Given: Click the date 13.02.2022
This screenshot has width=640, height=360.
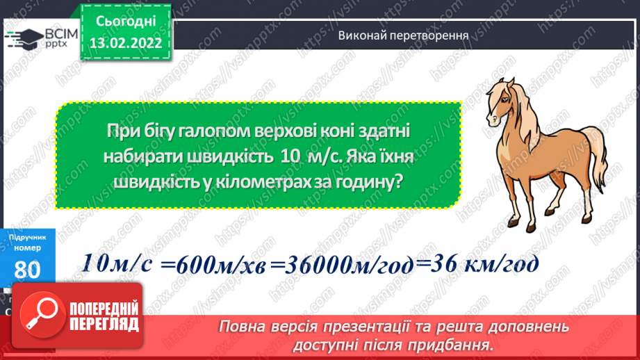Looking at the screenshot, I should coord(125,42).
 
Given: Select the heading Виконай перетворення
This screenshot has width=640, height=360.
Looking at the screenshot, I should coord(402,35).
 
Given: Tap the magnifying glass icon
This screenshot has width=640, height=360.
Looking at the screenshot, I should coord(42,317).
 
